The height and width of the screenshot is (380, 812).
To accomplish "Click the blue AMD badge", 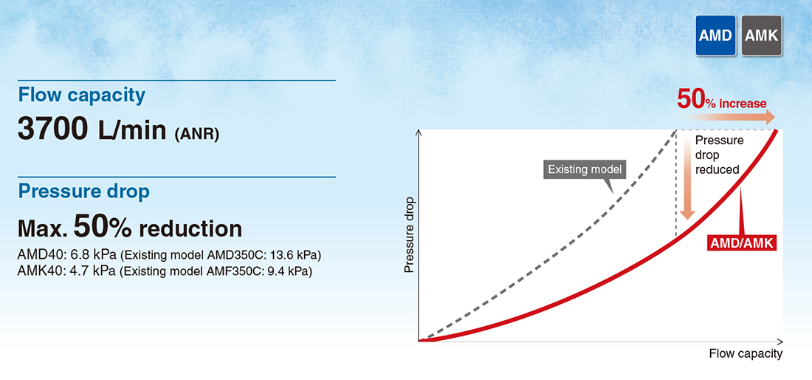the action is [715, 35].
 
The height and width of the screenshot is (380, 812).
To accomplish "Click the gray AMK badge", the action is [761, 35].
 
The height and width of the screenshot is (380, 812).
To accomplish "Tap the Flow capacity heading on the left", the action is [81, 95].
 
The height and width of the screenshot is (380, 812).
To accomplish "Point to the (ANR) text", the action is [197, 134].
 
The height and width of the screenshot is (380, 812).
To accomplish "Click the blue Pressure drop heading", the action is [84, 191].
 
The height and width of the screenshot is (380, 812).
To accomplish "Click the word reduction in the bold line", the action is [190, 228].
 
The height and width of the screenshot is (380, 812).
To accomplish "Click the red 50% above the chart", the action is [690, 100].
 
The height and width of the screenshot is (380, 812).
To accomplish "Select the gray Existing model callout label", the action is [585, 169].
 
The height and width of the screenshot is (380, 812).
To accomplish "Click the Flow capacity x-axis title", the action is [746, 354].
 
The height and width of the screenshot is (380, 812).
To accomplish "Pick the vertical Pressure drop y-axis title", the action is [410, 235].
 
